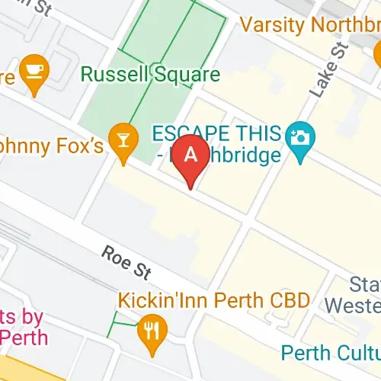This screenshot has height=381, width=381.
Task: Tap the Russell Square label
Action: [x=150, y=75]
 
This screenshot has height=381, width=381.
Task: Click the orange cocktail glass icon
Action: [x=121, y=139]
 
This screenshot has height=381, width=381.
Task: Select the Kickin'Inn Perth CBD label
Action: [x=214, y=299]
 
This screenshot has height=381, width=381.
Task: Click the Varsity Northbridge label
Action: [x=310, y=25]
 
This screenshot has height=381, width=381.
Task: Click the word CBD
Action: [x=290, y=299]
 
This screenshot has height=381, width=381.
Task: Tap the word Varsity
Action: [x=271, y=25]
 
